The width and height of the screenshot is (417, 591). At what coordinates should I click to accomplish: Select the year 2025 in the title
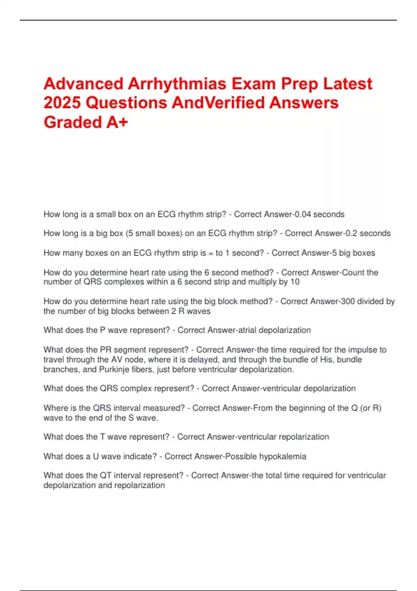pos(62,103)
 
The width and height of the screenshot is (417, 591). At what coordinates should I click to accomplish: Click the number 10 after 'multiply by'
pos(295,282)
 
